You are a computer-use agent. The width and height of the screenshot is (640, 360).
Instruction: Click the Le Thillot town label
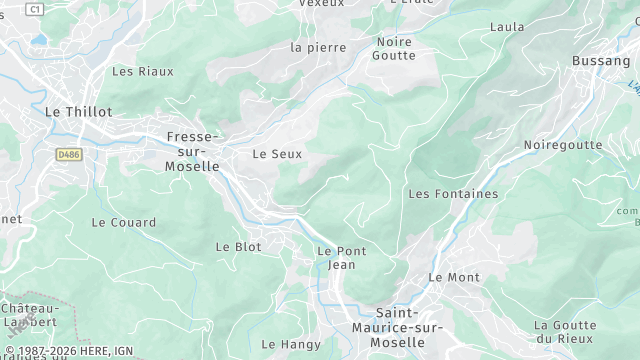(78, 112)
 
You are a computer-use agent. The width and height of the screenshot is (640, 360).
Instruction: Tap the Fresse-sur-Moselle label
(192, 151)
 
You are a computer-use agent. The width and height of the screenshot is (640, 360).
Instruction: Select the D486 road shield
(69, 155)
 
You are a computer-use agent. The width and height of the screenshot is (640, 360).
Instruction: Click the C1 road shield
(36, 8)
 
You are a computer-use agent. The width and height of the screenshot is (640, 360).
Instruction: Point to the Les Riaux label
(142, 71)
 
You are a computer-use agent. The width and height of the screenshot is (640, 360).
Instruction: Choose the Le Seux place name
(276, 154)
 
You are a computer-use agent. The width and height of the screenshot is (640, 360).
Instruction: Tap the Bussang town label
(600, 61)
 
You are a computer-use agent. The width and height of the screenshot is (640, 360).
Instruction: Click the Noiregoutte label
(563, 145)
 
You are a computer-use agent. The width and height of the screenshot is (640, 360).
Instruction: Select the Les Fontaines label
(453, 193)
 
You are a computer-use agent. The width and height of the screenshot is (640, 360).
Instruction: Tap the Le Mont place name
(454, 277)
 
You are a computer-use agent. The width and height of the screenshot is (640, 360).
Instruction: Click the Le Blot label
(238, 246)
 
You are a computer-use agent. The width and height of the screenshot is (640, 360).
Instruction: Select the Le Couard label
(124, 222)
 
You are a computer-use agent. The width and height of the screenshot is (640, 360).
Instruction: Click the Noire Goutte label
(395, 48)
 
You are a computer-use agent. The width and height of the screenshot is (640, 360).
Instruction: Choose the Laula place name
(507, 27)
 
